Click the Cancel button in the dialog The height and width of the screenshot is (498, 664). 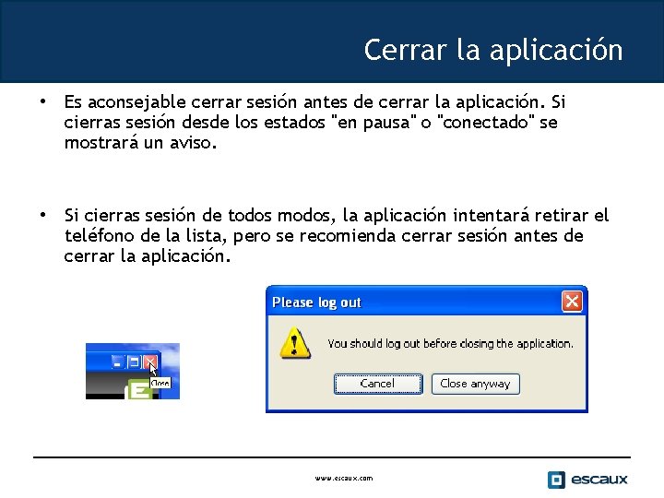[x=377, y=384]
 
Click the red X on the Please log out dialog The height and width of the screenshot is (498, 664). [x=572, y=302]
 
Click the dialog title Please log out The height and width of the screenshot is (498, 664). [x=317, y=302]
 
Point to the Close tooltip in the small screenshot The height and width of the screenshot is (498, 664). [x=160, y=382]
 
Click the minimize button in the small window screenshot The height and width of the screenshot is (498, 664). [x=118, y=361]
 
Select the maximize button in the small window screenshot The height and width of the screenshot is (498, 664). [x=134, y=361]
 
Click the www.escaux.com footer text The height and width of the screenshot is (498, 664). [x=344, y=479]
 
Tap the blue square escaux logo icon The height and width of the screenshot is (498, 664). [x=556, y=480]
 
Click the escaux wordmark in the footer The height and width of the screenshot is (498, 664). [x=599, y=480]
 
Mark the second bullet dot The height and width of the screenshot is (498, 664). [x=41, y=214]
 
